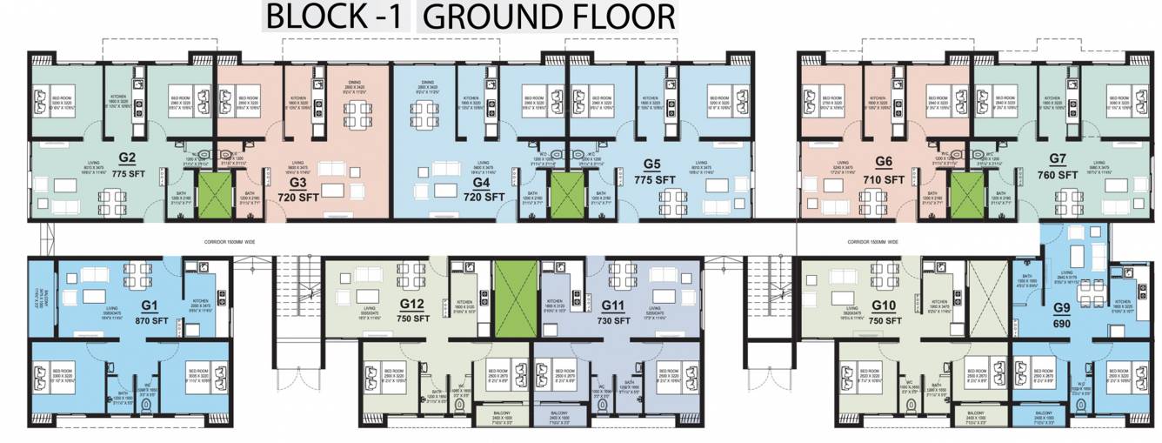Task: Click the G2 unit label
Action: (x=127, y=158)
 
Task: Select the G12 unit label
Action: (x=411, y=304)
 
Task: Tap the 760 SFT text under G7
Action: (x=1058, y=175)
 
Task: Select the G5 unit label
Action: (x=654, y=164)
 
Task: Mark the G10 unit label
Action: (x=885, y=304)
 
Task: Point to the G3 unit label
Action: (x=298, y=183)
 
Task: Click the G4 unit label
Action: (x=480, y=183)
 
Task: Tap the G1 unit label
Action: (x=149, y=305)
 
